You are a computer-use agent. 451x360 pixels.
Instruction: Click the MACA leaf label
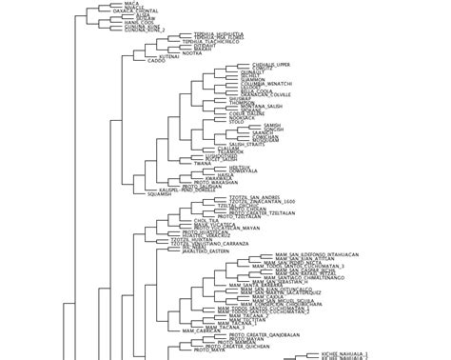pyautogui.click(x=132, y=4)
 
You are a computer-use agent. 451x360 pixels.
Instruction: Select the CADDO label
pyautogui.click(x=156, y=61)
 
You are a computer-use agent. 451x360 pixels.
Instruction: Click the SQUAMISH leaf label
pyautogui.click(x=159, y=193)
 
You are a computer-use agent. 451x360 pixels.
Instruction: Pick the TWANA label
pyautogui.click(x=203, y=163)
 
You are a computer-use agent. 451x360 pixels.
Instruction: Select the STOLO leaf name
pyautogui.click(x=237, y=122)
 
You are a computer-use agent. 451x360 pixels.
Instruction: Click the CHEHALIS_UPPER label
pyautogui.click(x=271, y=65)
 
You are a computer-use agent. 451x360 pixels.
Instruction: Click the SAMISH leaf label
pyautogui.click(x=272, y=125)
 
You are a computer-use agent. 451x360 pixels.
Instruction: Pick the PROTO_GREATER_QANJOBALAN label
pyautogui.click(x=265, y=335)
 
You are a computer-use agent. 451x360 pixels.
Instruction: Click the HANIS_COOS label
pyautogui.click(x=139, y=22)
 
